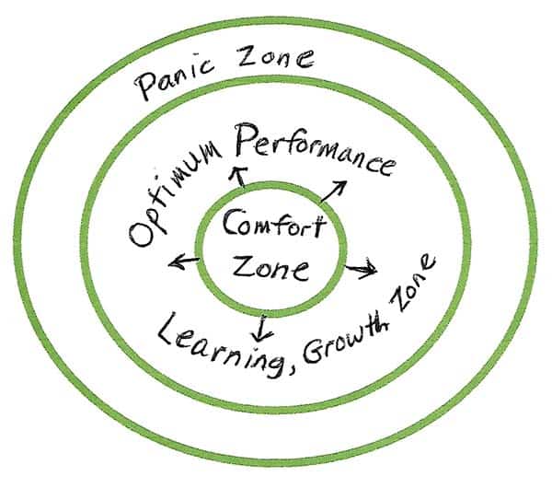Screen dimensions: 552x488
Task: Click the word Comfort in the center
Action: click(x=273, y=223)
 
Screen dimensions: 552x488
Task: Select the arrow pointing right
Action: click(x=361, y=269)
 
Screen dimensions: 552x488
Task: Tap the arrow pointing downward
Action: click(x=261, y=329)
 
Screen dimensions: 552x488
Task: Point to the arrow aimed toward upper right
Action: click(x=333, y=192)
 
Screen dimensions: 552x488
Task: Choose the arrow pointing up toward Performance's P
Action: click(x=238, y=177)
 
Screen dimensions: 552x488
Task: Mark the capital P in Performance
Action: click(x=249, y=138)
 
